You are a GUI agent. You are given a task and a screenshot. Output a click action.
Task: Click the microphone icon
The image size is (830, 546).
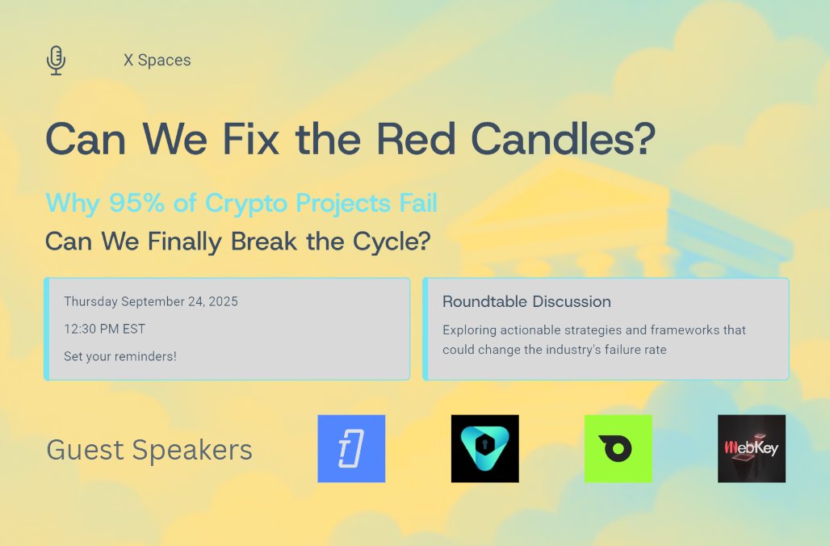[x=56, y=61]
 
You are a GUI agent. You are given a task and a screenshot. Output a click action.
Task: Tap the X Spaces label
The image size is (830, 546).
[x=157, y=61]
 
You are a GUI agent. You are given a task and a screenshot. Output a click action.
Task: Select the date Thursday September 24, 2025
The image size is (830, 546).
[x=151, y=302]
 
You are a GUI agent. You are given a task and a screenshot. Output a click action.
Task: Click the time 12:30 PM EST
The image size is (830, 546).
[x=105, y=329]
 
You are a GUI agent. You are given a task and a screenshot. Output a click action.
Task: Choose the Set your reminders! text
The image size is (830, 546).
[x=119, y=356]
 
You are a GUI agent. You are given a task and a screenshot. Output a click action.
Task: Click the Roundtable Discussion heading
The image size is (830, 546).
[x=526, y=302]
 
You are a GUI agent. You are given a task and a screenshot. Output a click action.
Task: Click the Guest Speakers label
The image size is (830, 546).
[x=149, y=450]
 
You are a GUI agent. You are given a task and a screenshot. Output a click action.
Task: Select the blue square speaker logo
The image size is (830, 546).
[x=351, y=449]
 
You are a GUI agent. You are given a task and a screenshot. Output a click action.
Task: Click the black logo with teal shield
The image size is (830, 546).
[x=484, y=449]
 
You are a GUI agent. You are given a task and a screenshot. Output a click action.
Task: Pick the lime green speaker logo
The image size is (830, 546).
[x=618, y=449]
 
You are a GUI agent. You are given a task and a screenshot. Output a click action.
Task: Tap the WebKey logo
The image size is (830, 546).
[x=751, y=449]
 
